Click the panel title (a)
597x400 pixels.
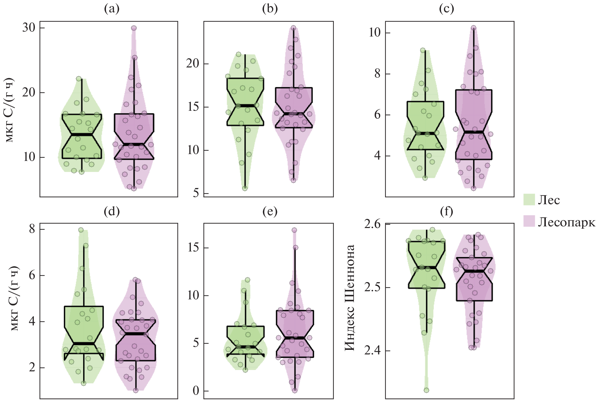pyautogui.click(x=112, y=9)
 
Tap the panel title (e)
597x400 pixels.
pyautogui.click(x=270, y=212)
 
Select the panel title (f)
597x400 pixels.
pyautogui.click(x=446, y=212)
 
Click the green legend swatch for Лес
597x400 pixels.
pyautogui.click(x=529, y=200)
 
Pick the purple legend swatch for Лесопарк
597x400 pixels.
pyautogui.click(x=529, y=221)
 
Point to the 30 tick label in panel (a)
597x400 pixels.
pyautogui.click(x=29, y=28)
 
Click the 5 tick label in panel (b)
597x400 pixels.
pyautogui.click(x=196, y=193)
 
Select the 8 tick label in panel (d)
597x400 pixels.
pyautogui.click(x=32, y=229)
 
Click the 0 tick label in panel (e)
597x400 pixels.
pyautogui.click(x=196, y=391)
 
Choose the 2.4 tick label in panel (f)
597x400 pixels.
pyautogui.click(x=372, y=351)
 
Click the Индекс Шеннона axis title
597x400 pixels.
pyautogui.click(x=350, y=297)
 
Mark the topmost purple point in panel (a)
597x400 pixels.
pyautogui.click(x=134, y=28)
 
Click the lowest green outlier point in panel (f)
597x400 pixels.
pyautogui.click(x=426, y=390)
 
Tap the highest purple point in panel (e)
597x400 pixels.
pyautogui.click(x=294, y=230)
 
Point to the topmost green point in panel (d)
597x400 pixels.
pyautogui.click(x=81, y=230)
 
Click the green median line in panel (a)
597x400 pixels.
pyautogui.click(x=82, y=135)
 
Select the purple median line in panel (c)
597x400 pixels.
pyautogui.click(x=473, y=132)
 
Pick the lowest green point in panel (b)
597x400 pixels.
pyautogui.click(x=245, y=188)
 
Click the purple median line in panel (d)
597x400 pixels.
pyautogui.click(x=136, y=334)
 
